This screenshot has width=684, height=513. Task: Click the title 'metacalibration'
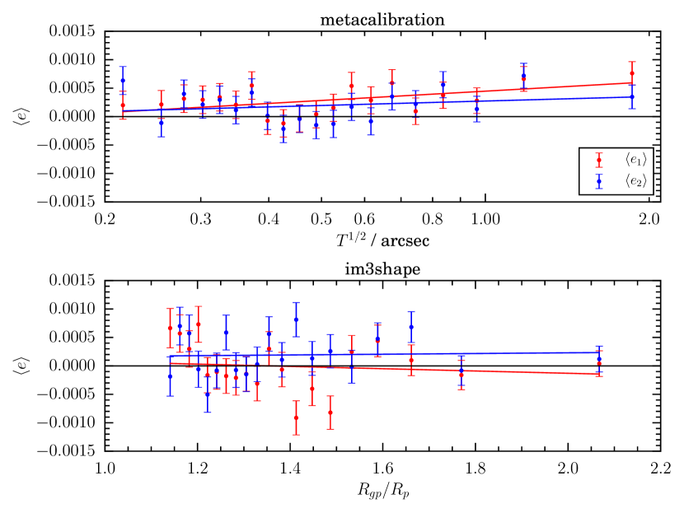382,16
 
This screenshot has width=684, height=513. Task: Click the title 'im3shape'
382,264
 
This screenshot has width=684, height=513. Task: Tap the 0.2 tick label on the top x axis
105,221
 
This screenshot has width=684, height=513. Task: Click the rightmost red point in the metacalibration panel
632,73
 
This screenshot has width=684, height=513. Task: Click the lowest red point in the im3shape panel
296,417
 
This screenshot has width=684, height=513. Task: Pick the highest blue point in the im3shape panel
296,319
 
